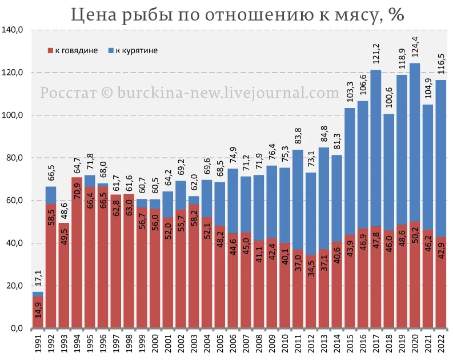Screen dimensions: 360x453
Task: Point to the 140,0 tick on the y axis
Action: pyautogui.click(x=12, y=30)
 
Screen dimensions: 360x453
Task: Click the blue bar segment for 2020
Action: pyautogui.click(x=414, y=143)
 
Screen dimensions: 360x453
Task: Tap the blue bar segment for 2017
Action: pyautogui.click(x=375, y=149)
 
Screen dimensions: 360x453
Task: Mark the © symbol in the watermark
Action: pyautogui.click(x=107, y=93)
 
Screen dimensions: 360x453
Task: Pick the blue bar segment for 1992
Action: pyautogui.click(x=51, y=195)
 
